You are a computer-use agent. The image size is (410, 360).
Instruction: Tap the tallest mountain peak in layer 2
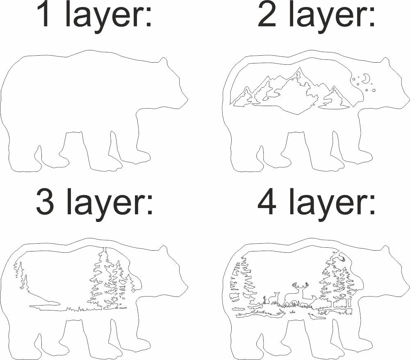click(300, 68)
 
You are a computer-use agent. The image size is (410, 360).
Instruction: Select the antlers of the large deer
click(300, 286)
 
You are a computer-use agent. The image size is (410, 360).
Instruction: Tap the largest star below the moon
click(374, 91)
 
